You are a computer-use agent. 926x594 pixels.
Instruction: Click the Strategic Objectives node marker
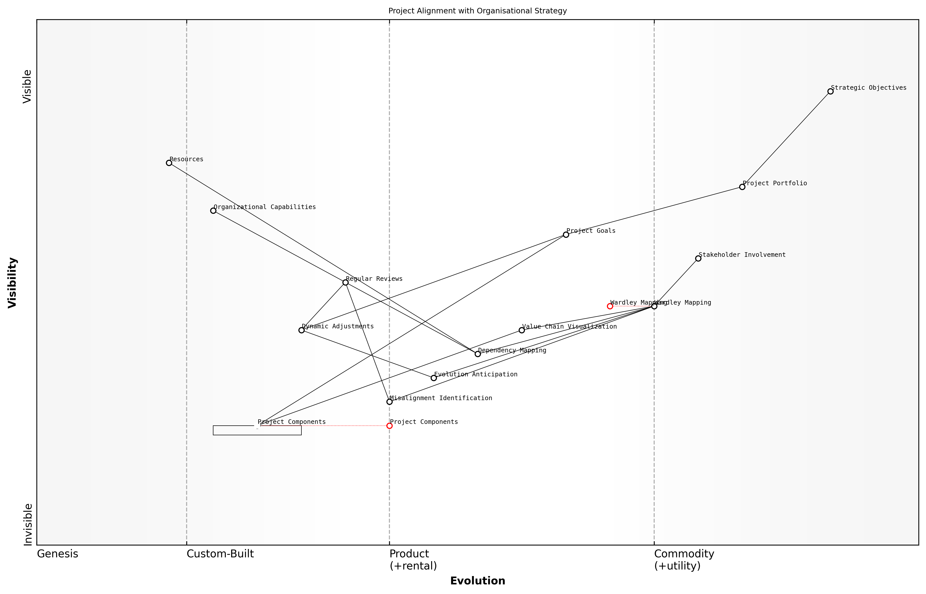pyautogui.click(x=830, y=92)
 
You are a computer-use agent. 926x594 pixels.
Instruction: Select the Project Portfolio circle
pyautogui.click(x=742, y=187)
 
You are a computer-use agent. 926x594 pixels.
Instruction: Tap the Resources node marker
pyautogui.click(x=169, y=163)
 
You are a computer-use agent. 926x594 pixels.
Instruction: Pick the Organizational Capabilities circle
pyautogui.click(x=213, y=211)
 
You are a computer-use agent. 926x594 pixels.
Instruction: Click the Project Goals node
pyautogui.click(x=566, y=235)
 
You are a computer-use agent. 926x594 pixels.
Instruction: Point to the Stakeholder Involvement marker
pyautogui.click(x=698, y=258)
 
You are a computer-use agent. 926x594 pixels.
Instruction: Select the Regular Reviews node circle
pyautogui.click(x=345, y=282)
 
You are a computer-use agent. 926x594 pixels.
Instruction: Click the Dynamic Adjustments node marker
pyautogui.click(x=301, y=330)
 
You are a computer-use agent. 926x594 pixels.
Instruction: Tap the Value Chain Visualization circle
pyautogui.click(x=522, y=330)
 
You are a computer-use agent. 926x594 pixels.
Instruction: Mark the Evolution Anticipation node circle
pyautogui.click(x=434, y=378)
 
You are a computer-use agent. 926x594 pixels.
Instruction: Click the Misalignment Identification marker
pyautogui.click(x=389, y=402)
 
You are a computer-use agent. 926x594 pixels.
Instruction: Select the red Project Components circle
pyautogui.click(x=389, y=426)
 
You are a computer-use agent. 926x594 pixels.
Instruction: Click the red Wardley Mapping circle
pyautogui.click(x=610, y=306)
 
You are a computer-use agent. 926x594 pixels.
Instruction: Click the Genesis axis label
pyautogui.click(x=57, y=554)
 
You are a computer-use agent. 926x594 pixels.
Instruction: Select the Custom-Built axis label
pyautogui.click(x=220, y=554)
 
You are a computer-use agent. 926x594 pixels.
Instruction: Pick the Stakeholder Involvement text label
pyautogui.click(x=742, y=255)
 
